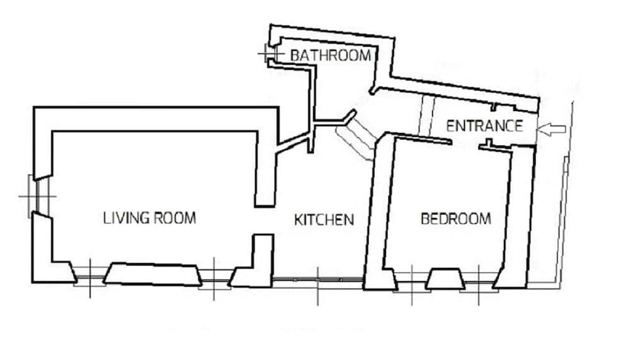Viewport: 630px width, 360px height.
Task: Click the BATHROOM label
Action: click(330, 55)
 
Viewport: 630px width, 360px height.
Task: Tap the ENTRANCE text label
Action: click(484, 125)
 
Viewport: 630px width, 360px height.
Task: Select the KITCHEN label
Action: click(324, 220)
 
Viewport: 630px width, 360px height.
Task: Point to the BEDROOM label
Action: click(455, 219)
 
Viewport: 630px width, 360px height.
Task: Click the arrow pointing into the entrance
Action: click(554, 129)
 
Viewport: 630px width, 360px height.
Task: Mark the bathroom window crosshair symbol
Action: click(268, 55)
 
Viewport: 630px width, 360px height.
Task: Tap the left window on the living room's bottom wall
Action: click(88, 275)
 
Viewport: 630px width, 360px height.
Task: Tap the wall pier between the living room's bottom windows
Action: click(151, 274)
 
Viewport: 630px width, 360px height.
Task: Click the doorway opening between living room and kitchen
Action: click(265, 220)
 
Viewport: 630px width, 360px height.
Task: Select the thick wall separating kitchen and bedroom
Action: click(377, 208)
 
